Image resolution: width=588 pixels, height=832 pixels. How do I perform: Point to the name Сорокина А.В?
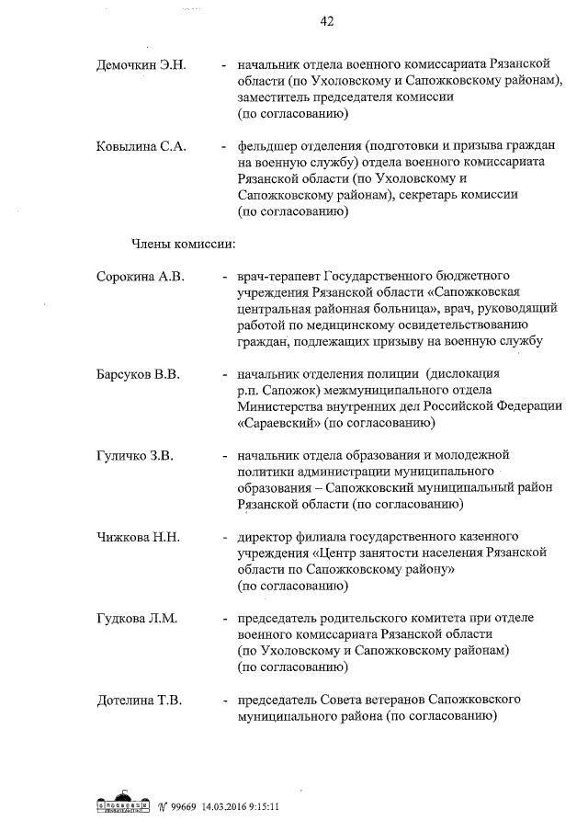(x=141, y=276)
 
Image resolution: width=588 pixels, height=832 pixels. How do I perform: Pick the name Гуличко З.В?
(x=135, y=455)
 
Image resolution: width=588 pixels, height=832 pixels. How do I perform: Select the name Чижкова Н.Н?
(x=140, y=536)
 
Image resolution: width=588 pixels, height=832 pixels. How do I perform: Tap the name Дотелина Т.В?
(x=140, y=700)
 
